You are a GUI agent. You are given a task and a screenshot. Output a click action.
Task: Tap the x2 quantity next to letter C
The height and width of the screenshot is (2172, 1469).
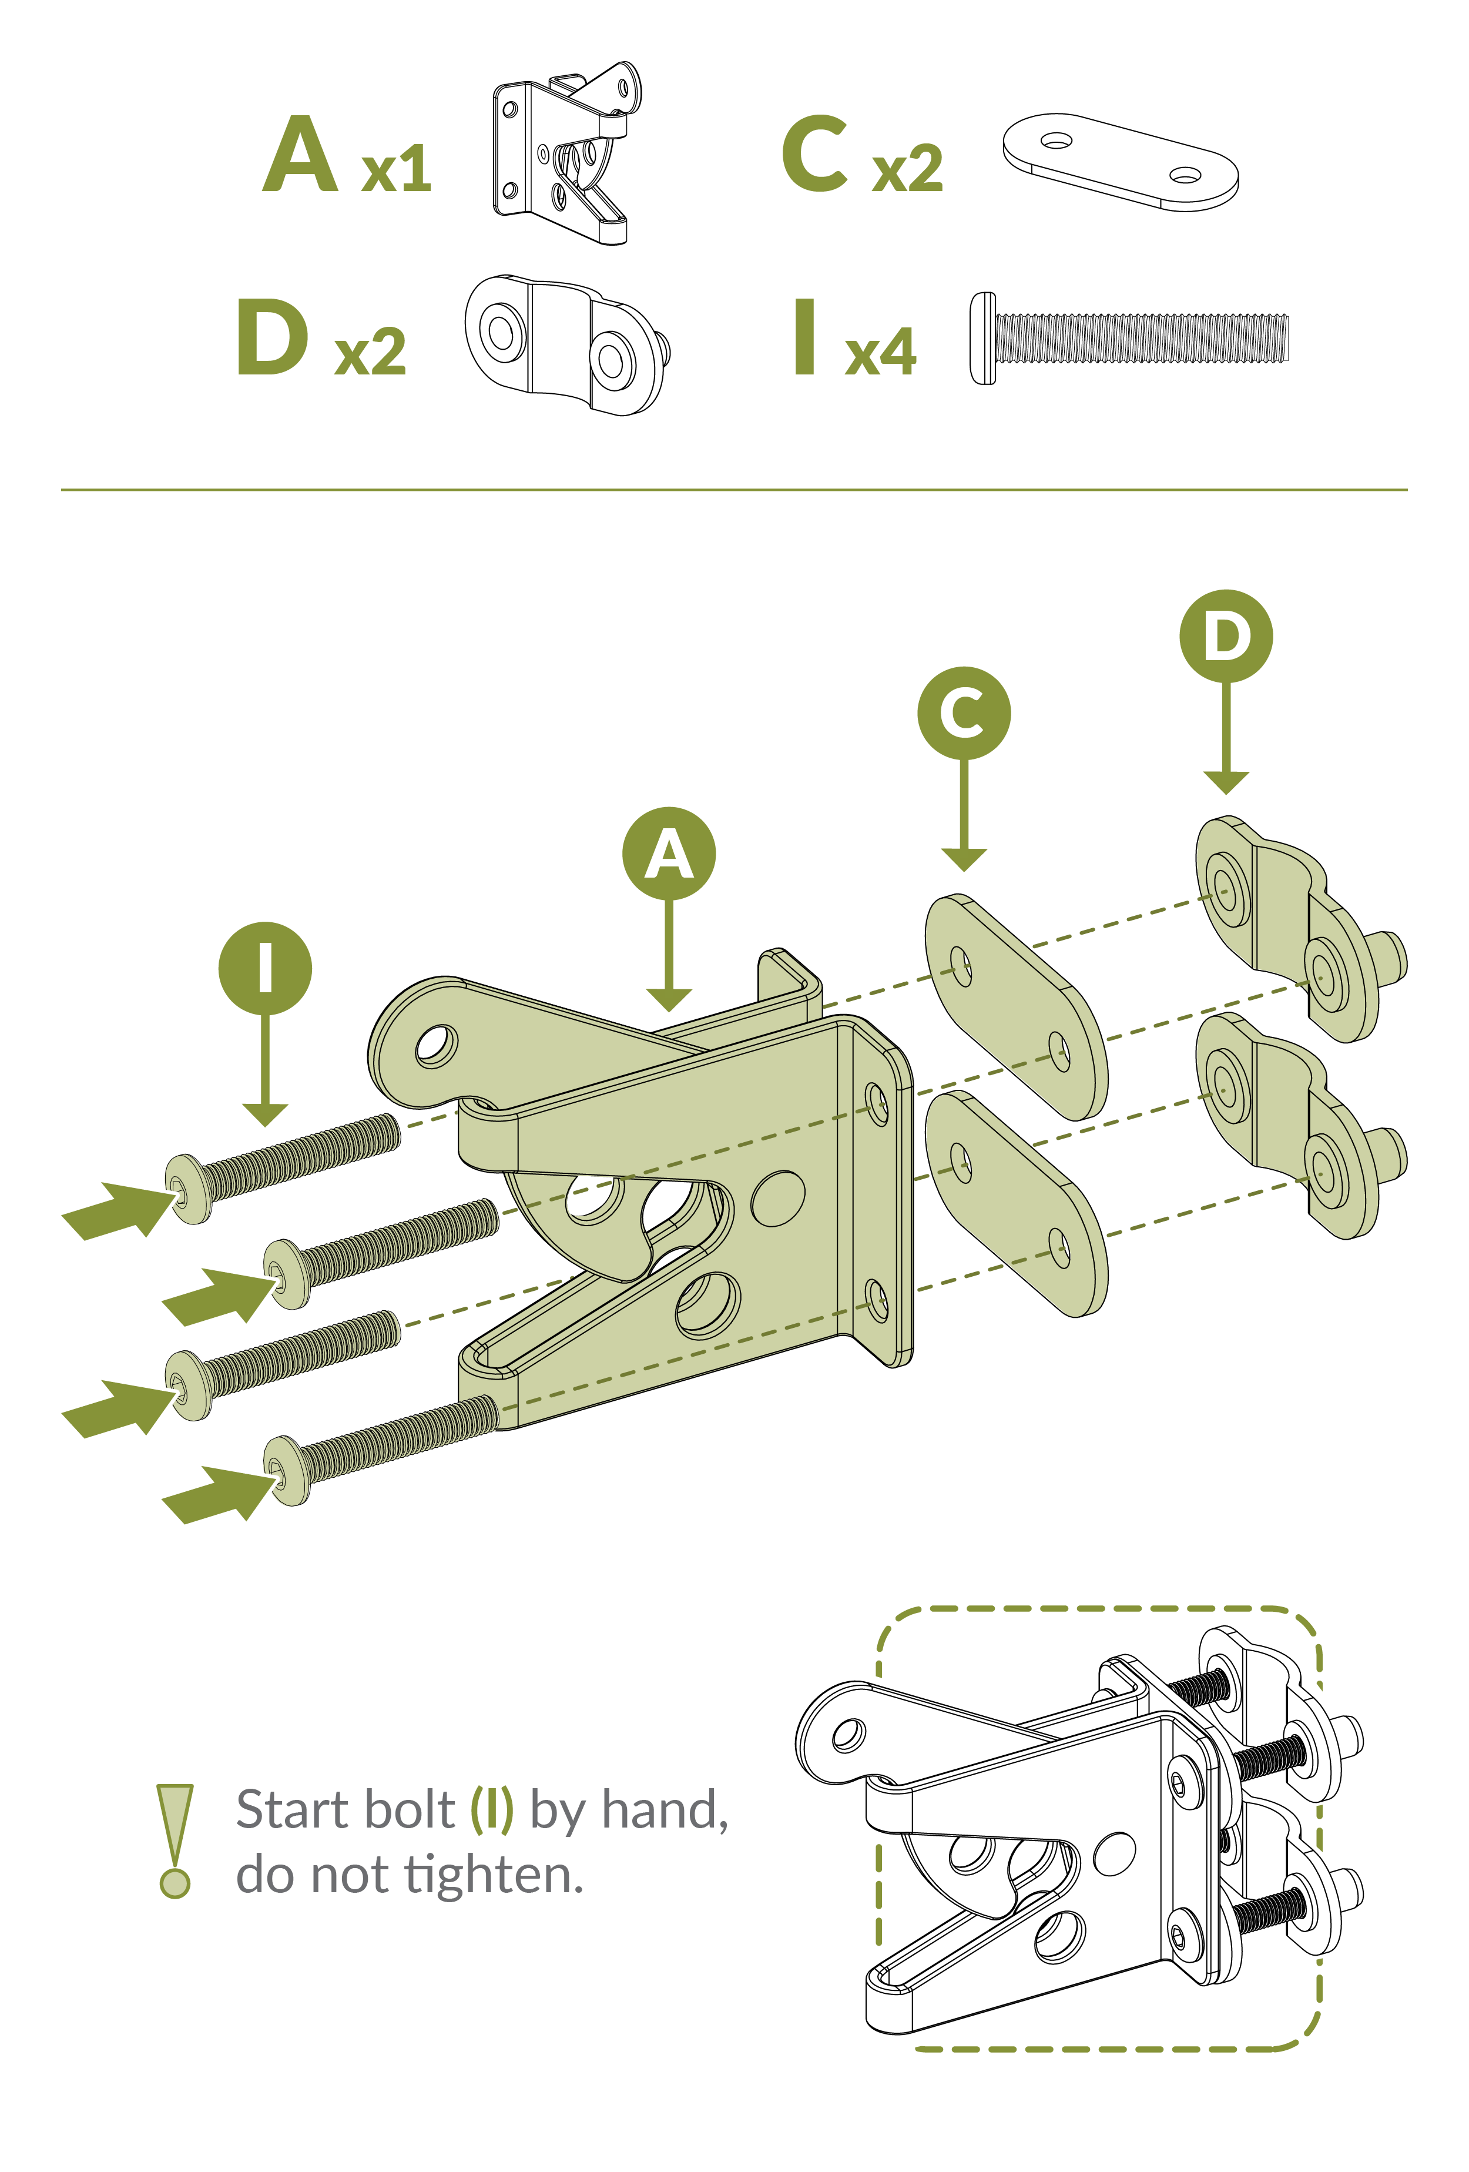click(907, 169)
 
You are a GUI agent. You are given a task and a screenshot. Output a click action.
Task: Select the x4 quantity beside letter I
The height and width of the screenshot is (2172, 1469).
click(880, 352)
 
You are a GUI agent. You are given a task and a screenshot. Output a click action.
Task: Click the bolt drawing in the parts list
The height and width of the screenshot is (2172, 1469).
click(1129, 339)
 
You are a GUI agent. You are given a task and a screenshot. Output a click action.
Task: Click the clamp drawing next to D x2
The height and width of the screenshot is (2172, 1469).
click(567, 345)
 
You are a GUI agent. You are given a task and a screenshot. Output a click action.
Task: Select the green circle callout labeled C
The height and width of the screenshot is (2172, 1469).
click(964, 713)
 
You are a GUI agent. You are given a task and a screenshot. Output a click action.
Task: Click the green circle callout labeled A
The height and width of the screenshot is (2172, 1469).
click(669, 854)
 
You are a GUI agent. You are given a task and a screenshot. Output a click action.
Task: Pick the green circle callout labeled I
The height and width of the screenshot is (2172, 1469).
click(266, 968)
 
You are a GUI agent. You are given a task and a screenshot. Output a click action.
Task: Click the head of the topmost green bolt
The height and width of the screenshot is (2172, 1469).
click(188, 1187)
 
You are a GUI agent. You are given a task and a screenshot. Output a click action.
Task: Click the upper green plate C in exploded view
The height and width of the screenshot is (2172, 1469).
click(1017, 1008)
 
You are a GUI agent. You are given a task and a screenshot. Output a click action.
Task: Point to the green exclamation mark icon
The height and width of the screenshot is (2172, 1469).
click(175, 1841)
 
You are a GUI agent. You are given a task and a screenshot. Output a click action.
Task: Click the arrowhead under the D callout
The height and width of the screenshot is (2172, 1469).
click(1226, 782)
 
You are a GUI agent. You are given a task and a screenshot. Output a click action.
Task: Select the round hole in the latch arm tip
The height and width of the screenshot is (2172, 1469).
click(437, 1046)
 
